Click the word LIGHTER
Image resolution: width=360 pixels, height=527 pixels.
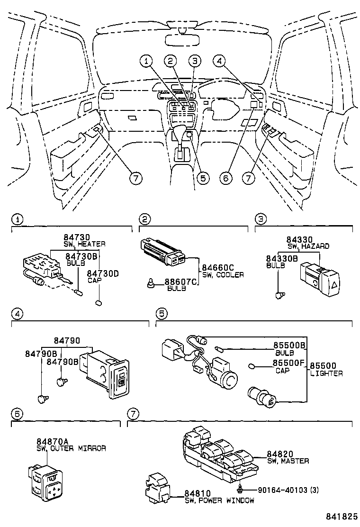(326, 373)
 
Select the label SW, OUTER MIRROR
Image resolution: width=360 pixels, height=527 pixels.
(71, 448)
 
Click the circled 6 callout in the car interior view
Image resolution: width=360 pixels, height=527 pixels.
(226, 178)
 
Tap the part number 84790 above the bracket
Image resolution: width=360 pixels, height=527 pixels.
(66, 341)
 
